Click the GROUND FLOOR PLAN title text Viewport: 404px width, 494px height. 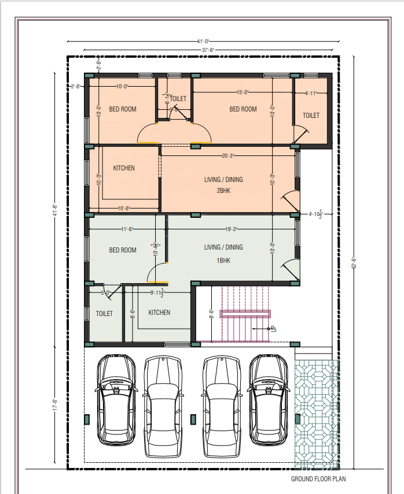[318, 479]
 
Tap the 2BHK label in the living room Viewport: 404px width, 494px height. [223, 191]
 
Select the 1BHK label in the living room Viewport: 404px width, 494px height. [223, 261]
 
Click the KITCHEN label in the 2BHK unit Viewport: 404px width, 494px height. [124, 168]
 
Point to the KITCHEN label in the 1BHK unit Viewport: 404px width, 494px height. [159, 313]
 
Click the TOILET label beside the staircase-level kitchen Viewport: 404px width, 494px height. [104, 314]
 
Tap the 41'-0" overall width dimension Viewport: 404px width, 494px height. [203, 42]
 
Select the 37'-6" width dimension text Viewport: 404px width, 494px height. [208, 50]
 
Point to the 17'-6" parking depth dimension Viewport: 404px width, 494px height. [55, 404]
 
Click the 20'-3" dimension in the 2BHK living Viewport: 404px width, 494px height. [228, 155]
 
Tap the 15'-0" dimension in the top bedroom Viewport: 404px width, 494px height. [243, 92]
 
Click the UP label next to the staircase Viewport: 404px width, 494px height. [274, 329]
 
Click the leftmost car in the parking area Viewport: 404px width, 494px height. [116, 399]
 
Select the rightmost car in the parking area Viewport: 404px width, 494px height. [269, 399]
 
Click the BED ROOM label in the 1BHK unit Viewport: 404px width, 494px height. [123, 250]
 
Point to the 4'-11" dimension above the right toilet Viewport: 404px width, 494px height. [311, 93]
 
